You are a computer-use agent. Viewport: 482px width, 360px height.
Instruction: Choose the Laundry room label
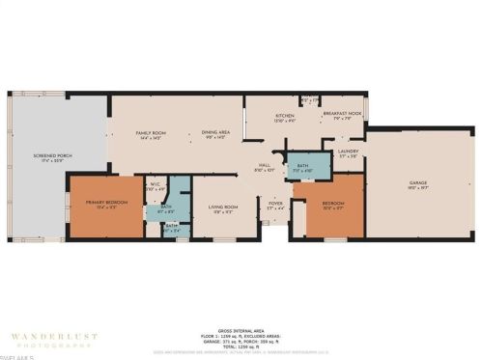pyautogui.click(x=348, y=152)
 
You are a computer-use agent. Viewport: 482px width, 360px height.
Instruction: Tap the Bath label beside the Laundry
pyautogui.click(x=302, y=165)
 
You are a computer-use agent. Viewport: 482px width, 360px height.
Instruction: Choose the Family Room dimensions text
pyautogui.click(x=148, y=139)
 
